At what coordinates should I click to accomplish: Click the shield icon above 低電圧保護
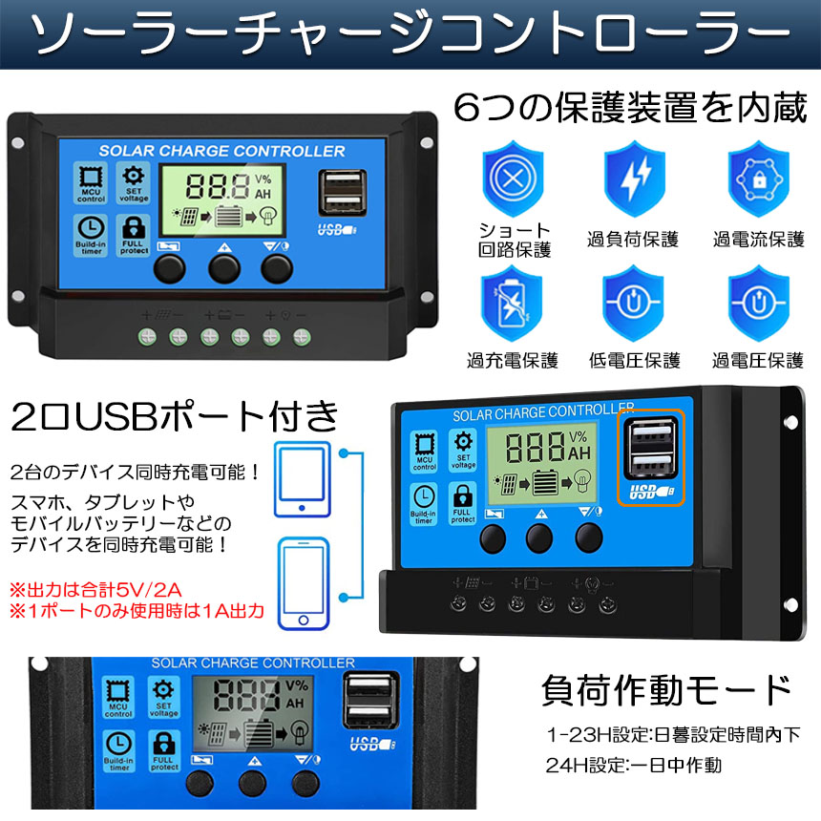pos(634,304)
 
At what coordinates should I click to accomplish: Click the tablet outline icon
pos(303,479)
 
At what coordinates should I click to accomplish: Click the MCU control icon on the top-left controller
pos(92,182)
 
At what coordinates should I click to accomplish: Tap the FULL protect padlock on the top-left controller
pos(134,235)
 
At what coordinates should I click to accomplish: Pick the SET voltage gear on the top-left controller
pos(134,181)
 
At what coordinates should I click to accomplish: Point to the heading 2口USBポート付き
pos(175,415)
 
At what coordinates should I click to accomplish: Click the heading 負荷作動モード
pos(665,688)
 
